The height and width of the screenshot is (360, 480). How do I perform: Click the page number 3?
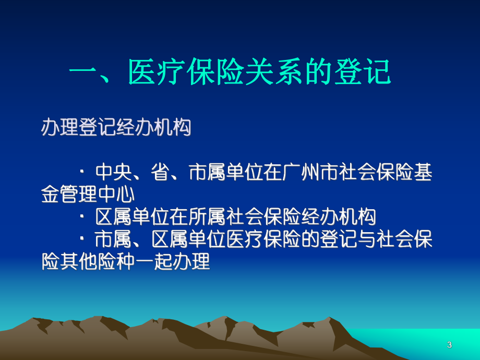coord(450,345)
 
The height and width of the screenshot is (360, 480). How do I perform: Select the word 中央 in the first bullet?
coord(113,172)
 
